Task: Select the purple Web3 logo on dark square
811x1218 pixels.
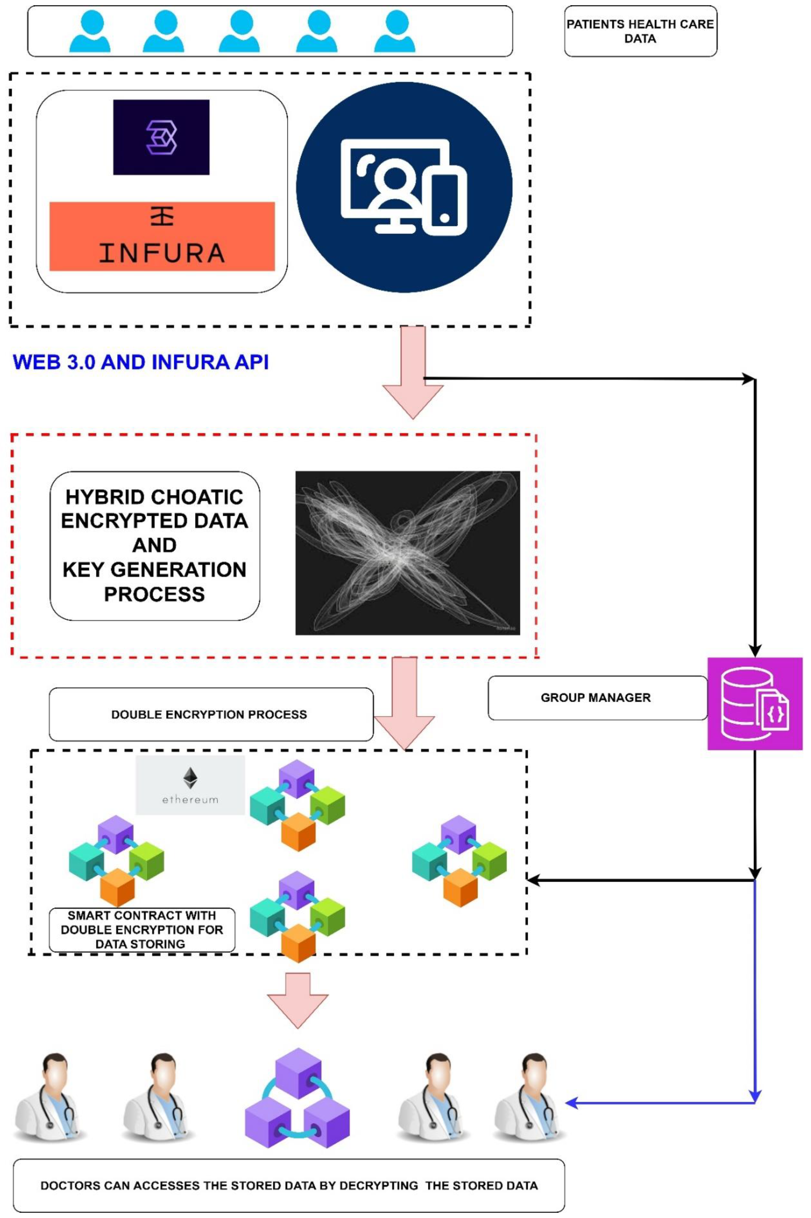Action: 161,137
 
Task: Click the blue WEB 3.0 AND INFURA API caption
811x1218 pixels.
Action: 141,362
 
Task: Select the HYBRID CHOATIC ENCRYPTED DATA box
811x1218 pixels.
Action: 155,545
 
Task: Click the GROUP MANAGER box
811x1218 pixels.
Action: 596,697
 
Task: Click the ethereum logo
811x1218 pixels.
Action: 190,785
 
